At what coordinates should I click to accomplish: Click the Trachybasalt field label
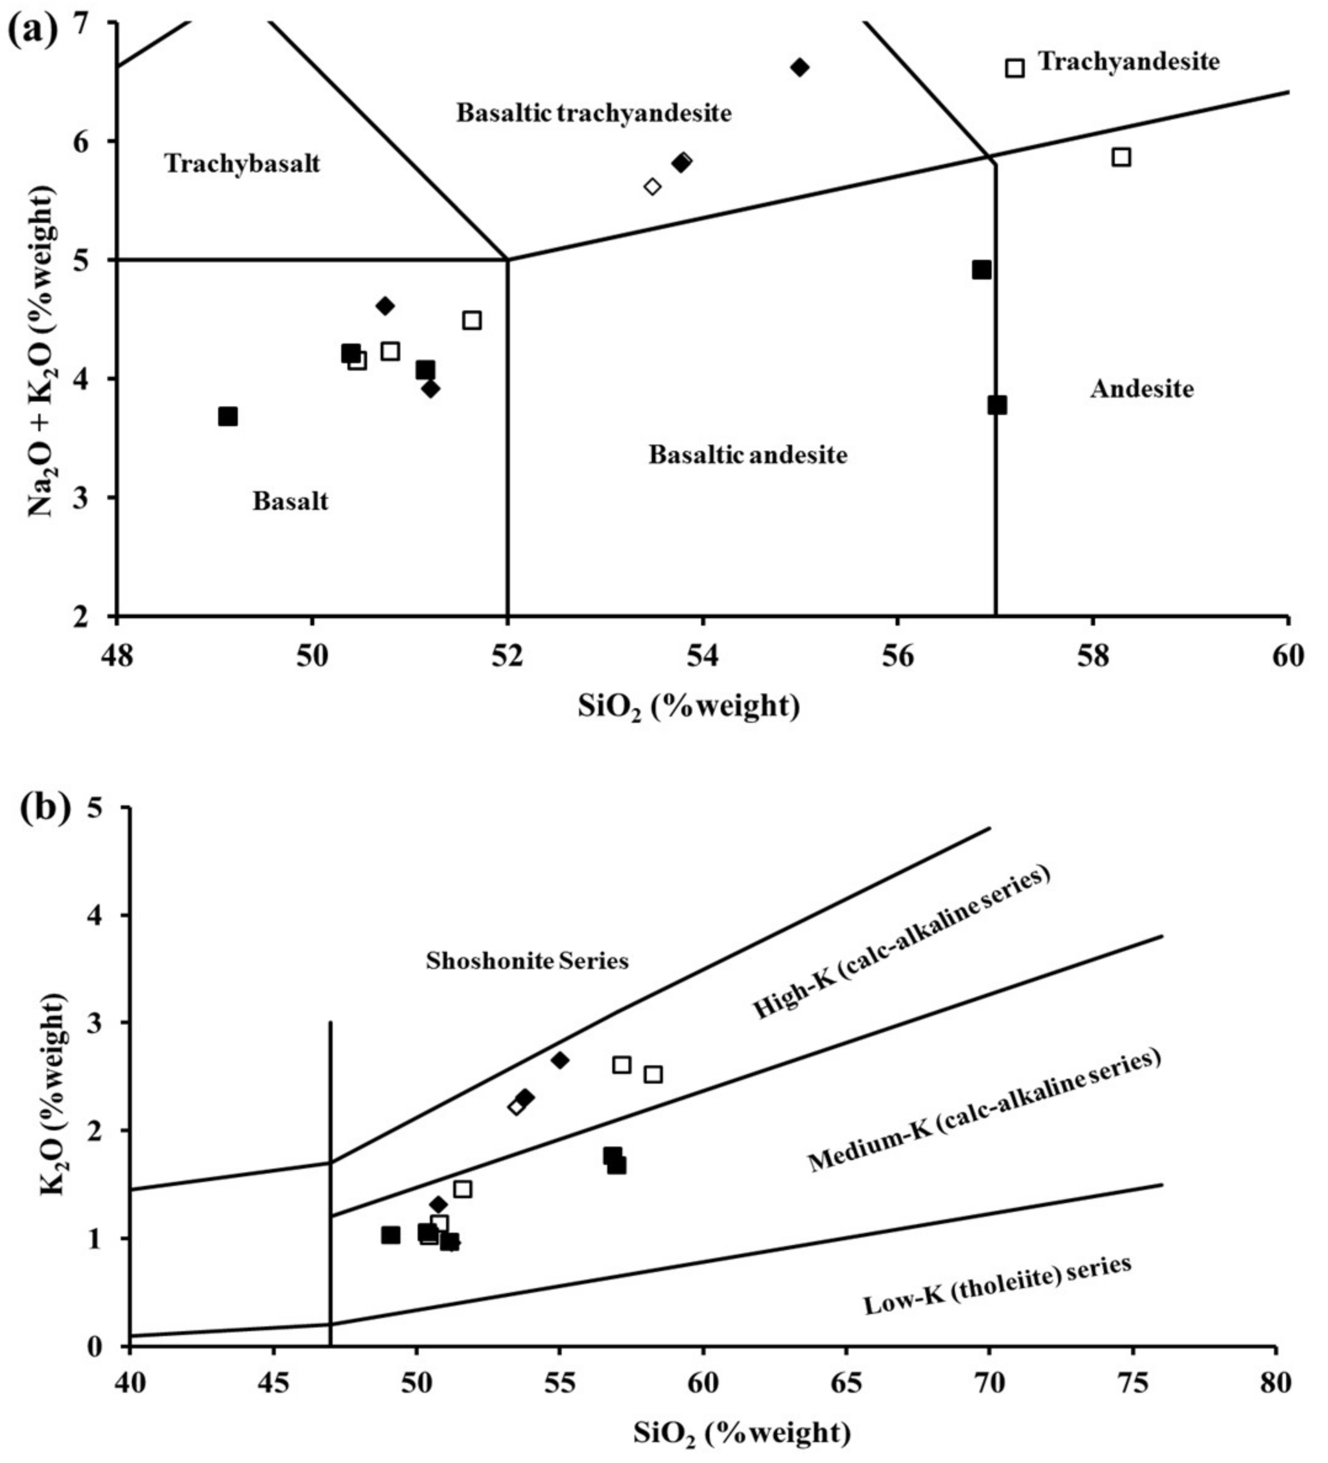click(242, 163)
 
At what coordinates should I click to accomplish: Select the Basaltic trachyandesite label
click(593, 113)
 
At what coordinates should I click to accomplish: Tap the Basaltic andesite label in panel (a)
click(747, 455)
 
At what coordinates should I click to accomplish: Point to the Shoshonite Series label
click(527, 961)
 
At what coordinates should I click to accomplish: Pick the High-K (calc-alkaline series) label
click(901, 943)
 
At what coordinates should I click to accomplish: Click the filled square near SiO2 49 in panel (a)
click(228, 416)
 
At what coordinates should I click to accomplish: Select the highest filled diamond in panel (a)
click(800, 68)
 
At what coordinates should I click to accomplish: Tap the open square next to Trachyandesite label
click(1014, 68)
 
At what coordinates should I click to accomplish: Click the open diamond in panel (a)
click(652, 187)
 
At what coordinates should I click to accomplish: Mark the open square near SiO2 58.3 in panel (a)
click(1121, 157)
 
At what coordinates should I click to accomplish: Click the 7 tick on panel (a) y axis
click(95, 23)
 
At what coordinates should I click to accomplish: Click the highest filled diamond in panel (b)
click(559, 1060)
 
